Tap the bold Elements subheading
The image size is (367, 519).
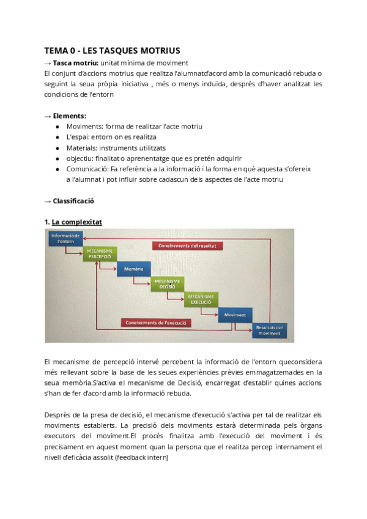click(x=69, y=116)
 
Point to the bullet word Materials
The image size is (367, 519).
click(x=84, y=147)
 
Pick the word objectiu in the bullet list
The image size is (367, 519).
click(x=81, y=158)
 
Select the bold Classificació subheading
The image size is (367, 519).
click(x=73, y=201)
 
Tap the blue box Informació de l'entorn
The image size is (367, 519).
click(x=65, y=239)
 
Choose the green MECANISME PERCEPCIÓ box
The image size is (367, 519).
click(x=99, y=253)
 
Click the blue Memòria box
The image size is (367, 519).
click(x=133, y=269)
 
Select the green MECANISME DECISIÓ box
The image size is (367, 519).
click(x=167, y=284)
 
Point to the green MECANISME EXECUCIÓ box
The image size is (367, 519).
click(x=200, y=299)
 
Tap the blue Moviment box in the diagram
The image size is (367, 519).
click(x=234, y=315)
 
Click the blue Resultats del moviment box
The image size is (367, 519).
click(x=269, y=330)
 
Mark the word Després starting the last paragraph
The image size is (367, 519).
click(x=59, y=415)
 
